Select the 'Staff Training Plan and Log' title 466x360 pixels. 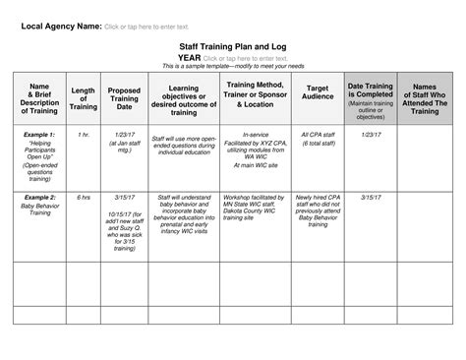(x=232, y=46)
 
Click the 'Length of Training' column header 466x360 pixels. (x=84, y=98)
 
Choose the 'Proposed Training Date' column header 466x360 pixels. (x=124, y=98)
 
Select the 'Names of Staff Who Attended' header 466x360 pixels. (x=428, y=98)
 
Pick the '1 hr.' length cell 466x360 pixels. (x=84, y=132)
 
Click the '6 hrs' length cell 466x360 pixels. (x=84, y=197)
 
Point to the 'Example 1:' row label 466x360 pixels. (x=40, y=132)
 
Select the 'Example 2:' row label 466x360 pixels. (x=40, y=197)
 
